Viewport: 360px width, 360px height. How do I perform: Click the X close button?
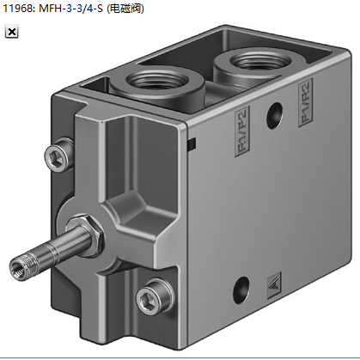12,32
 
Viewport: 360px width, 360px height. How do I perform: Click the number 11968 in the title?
17,9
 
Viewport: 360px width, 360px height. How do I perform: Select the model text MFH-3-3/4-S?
70,9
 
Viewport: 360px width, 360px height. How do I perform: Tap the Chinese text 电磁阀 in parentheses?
125,9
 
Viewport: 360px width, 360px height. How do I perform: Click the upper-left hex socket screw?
58,156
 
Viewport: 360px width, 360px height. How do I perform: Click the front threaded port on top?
157,81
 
